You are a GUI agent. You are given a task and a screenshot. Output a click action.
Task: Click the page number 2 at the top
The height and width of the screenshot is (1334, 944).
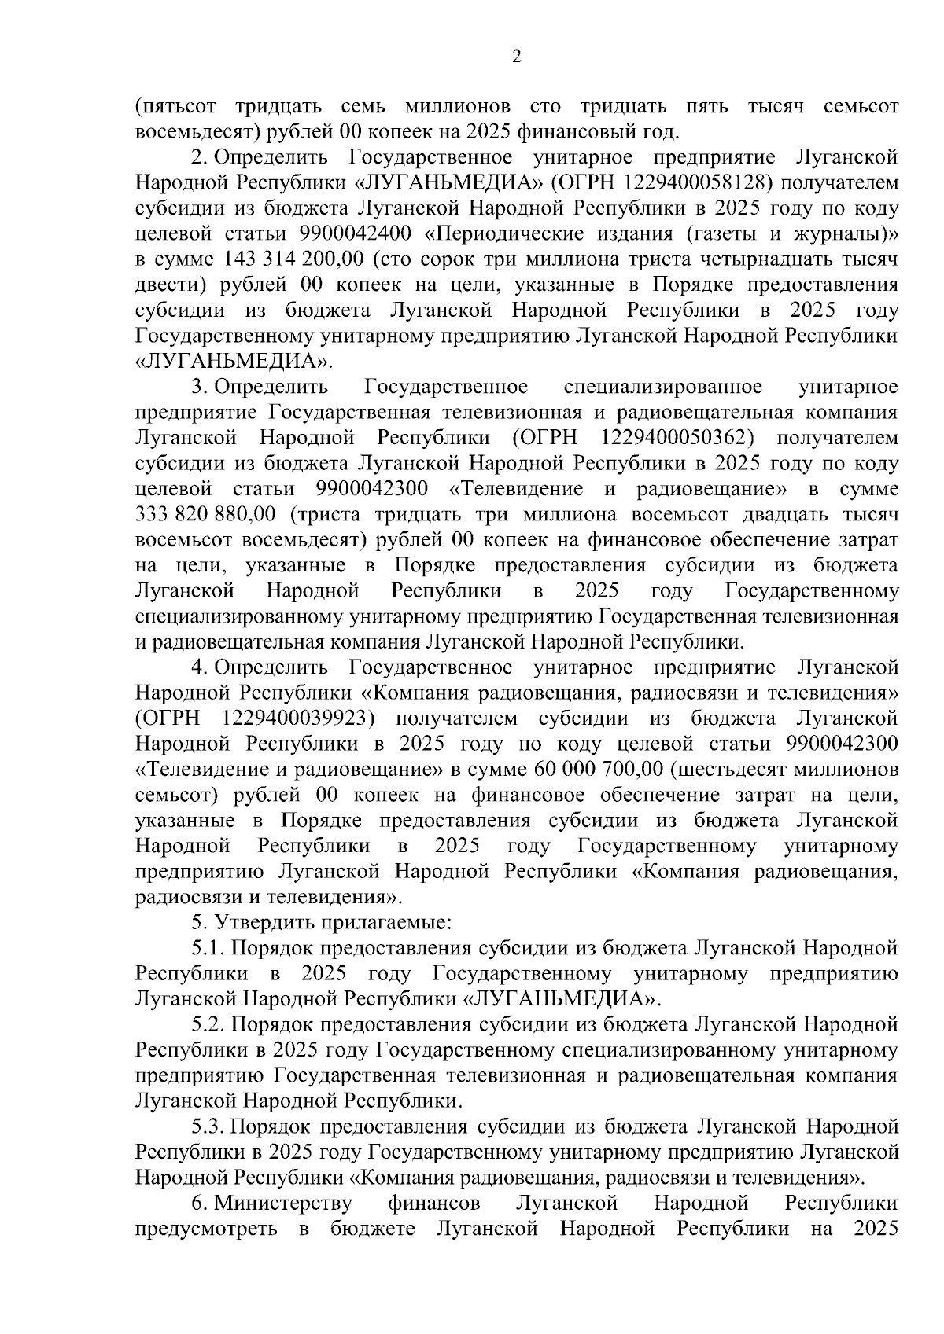[516, 56]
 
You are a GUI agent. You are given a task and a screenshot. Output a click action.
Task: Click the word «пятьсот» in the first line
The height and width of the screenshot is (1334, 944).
[174, 106]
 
